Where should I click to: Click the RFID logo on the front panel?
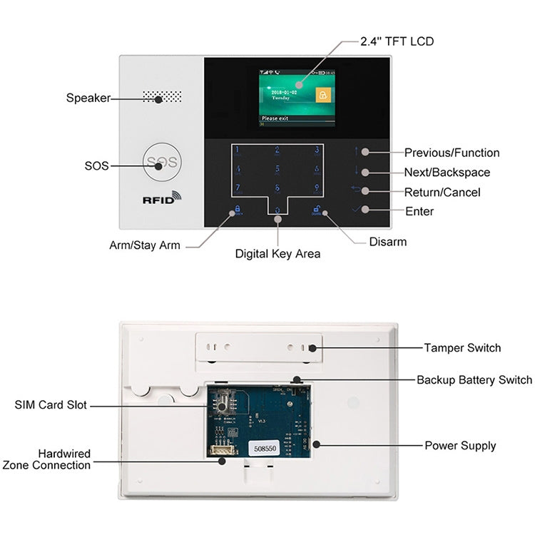pos(162,199)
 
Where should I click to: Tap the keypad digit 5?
pos(277,170)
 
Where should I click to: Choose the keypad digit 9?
pos(317,189)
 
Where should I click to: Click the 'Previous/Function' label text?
pos(452,153)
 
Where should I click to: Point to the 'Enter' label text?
pos(419,211)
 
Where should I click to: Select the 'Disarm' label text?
pos(388,242)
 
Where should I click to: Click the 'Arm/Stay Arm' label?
pos(145,245)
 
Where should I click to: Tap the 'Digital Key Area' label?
pos(278,253)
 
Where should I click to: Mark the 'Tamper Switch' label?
pos(462,348)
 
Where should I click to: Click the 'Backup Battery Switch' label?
pos(474,379)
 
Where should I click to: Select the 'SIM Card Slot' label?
pos(51,405)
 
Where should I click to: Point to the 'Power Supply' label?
pos(460,446)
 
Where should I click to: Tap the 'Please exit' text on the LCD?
pos(275,119)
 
